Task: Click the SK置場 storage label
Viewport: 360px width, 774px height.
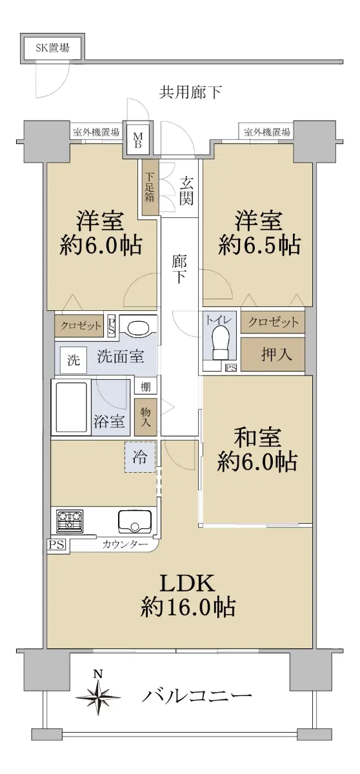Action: pos(52,48)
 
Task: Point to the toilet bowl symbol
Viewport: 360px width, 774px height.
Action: pos(220,342)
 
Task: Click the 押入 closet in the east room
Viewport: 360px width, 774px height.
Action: pos(273,354)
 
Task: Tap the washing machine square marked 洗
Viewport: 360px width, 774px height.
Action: pos(74,361)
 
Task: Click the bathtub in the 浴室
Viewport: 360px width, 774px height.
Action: pos(71,407)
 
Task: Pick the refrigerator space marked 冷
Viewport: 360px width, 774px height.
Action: pos(140,457)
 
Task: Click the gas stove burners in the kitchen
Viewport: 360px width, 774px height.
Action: pos(70,521)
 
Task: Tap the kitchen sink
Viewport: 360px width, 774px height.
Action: pos(135,522)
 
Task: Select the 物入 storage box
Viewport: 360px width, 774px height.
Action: pos(145,417)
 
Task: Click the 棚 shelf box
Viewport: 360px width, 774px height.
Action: pos(145,386)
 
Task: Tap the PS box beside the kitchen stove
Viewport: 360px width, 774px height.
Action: pos(56,545)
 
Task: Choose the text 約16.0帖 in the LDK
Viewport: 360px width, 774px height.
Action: pos(188,607)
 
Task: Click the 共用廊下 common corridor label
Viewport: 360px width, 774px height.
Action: pos(190,92)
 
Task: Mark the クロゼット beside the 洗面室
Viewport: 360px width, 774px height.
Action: pos(79,326)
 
